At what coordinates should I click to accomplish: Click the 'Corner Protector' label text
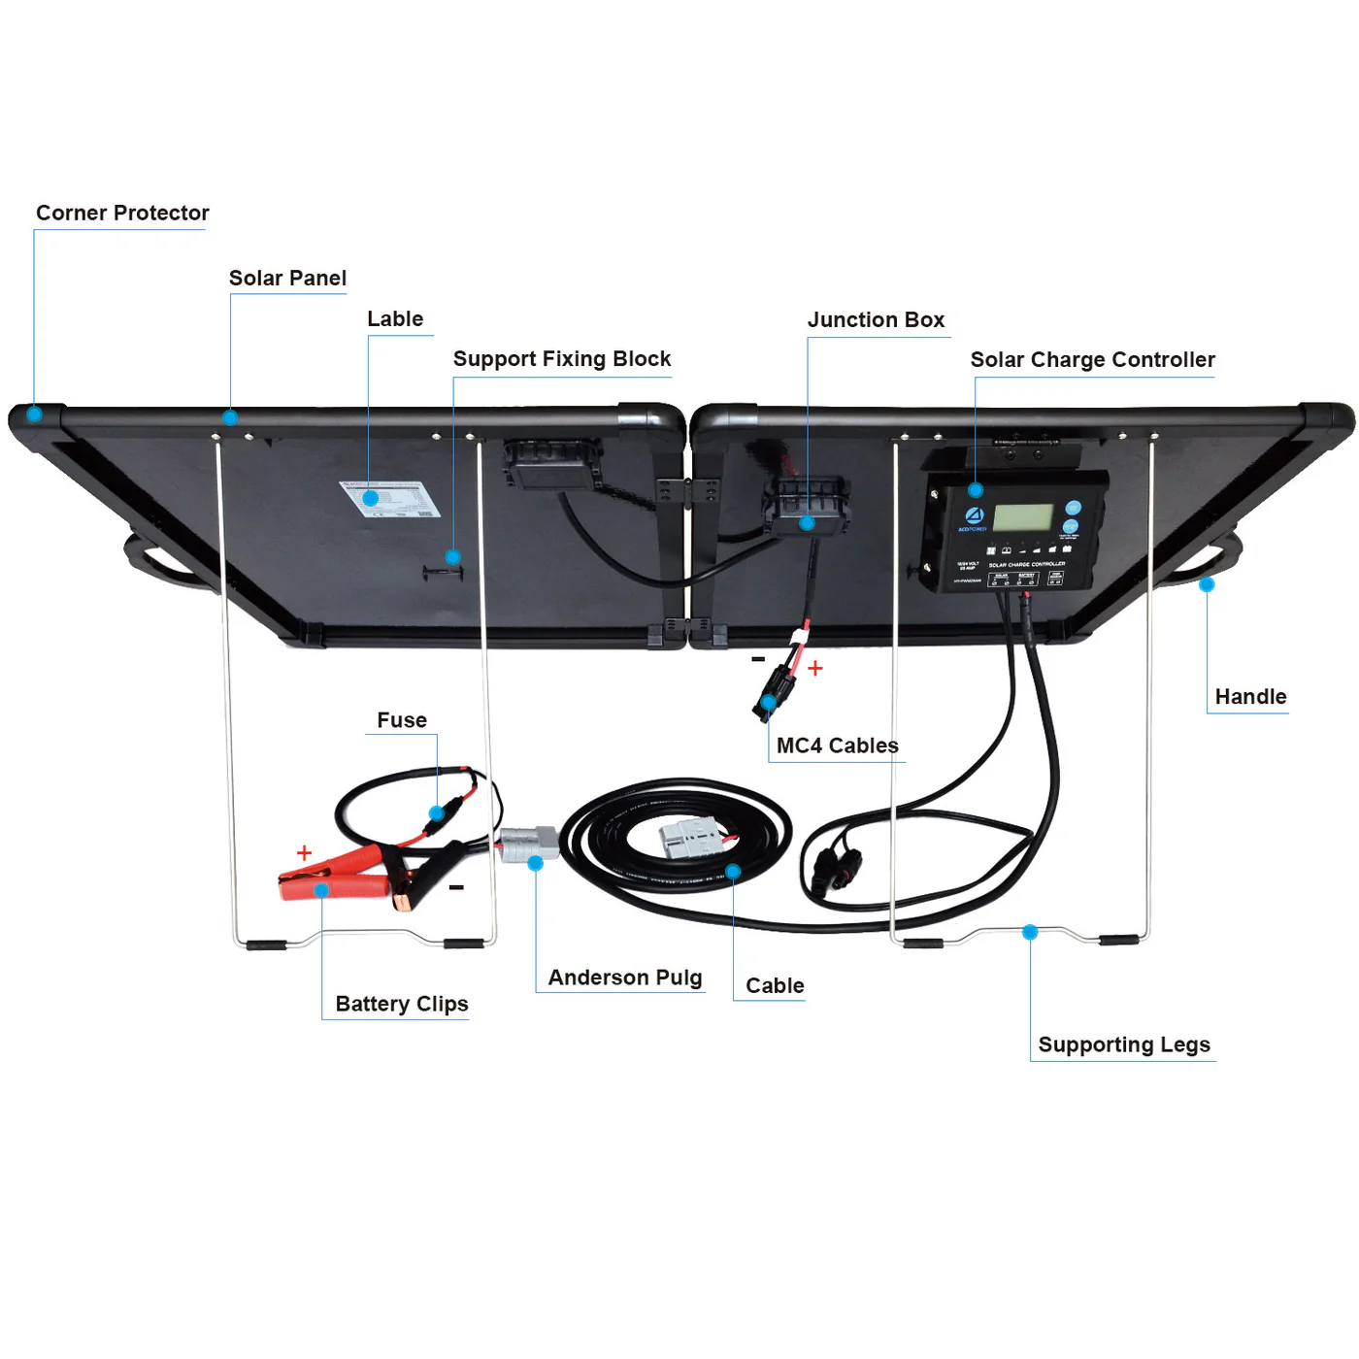coord(122,213)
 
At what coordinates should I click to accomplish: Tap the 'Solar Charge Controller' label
coord(1092,360)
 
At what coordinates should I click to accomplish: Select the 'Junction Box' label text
coord(876,320)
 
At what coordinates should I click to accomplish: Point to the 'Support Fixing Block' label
coord(562,359)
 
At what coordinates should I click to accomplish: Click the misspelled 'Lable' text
coord(395,319)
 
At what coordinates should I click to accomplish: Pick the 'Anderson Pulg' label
coord(625,978)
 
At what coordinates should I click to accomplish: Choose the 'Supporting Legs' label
coord(1124,1044)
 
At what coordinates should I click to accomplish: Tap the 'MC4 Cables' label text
coord(838,746)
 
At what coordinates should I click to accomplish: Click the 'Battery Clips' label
coord(402,1004)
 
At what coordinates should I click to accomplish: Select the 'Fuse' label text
coord(402,720)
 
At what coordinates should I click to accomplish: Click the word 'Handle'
coord(1250,697)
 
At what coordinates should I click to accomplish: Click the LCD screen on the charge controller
coord(1023,517)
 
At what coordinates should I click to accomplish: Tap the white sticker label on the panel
coord(390,499)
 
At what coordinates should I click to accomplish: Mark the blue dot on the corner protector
coord(34,414)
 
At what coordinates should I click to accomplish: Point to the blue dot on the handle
coord(1207,584)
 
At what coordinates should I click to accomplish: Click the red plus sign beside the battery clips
coord(304,852)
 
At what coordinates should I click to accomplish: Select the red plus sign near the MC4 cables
coord(815,668)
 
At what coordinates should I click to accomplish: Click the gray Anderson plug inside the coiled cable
coord(692,837)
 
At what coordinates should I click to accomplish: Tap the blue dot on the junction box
coord(807,523)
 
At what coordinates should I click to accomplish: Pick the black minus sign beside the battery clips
coord(456,887)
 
